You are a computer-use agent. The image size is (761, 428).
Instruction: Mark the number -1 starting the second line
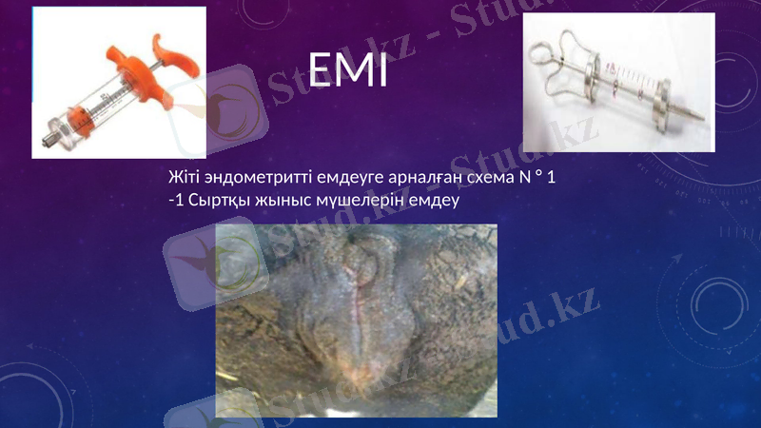pyautogui.click(x=176, y=201)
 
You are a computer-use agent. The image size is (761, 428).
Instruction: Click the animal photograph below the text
pyautogui.click(x=356, y=320)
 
